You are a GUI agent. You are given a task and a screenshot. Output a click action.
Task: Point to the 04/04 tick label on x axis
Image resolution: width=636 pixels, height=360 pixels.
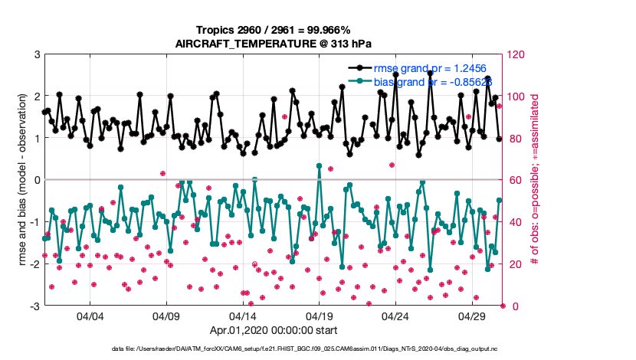click(90, 316)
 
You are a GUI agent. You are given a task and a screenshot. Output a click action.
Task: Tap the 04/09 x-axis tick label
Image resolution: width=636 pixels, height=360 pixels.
click(166, 316)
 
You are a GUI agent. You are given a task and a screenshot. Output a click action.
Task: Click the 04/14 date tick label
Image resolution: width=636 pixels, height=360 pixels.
click(242, 316)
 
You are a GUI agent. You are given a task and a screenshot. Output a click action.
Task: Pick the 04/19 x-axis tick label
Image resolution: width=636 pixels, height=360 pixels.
click(319, 316)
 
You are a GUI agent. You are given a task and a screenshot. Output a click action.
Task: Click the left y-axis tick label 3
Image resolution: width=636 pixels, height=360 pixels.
click(36, 54)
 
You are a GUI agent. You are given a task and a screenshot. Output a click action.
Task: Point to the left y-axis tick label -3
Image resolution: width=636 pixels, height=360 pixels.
click(34, 306)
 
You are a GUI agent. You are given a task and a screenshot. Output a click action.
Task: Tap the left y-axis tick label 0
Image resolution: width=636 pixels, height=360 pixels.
click(36, 180)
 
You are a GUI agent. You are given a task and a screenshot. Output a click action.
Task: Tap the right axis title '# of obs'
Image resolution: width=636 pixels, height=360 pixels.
click(536, 180)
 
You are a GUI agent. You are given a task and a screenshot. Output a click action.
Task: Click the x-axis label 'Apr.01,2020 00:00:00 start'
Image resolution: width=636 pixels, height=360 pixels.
click(274, 331)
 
